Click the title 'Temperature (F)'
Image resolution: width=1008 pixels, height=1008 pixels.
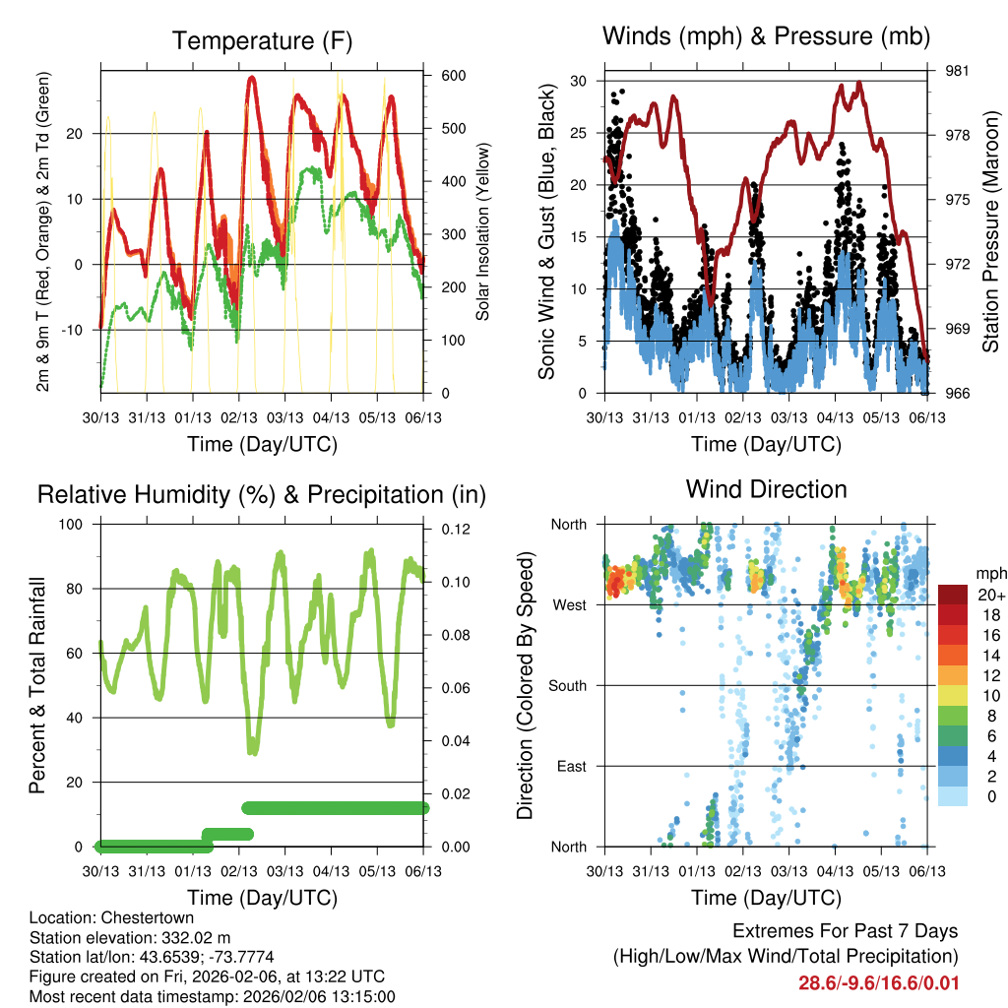tap(262, 41)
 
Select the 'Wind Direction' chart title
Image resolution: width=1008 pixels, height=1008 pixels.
tap(766, 489)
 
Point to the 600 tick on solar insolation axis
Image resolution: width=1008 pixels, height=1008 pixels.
tap(453, 76)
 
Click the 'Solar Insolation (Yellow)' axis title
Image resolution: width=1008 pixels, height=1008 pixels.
tap(483, 231)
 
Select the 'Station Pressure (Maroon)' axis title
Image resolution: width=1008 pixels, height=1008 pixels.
tap(991, 231)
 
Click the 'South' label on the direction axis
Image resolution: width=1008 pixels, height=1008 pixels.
tap(567, 685)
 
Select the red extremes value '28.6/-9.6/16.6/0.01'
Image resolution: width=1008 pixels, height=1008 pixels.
tap(878, 983)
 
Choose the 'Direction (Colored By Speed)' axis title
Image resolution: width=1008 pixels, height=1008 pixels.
tap(525, 685)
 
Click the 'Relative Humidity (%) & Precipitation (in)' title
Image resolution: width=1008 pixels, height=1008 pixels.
tap(262, 494)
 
